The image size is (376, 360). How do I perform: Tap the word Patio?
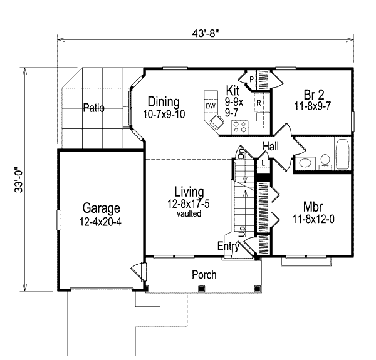tap(93, 108)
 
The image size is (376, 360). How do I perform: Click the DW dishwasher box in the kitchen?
tap(211, 106)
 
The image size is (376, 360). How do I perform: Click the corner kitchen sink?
tap(217, 125)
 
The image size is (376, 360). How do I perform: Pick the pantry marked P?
tap(252, 79)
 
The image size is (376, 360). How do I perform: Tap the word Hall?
tap(271, 146)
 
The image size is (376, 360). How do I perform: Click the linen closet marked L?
tap(264, 163)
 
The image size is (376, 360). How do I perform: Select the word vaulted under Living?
tap(188, 213)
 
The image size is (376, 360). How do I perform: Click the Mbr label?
tap(313, 207)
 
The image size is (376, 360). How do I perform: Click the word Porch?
tap(204, 274)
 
